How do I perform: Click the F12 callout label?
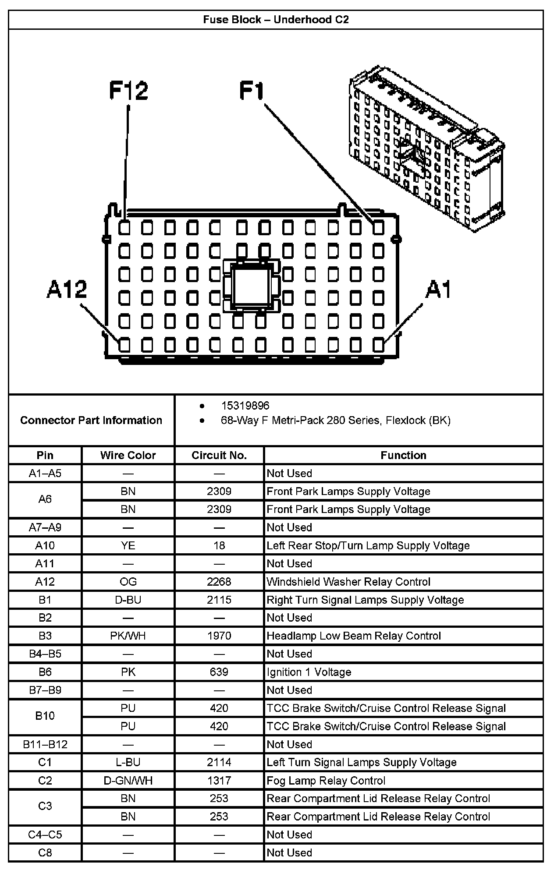tap(128, 91)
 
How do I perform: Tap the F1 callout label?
tap(252, 91)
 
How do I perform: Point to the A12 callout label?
tap(67, 290)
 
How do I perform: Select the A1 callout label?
tap(438, 290)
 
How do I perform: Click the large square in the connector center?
tap(251, 286)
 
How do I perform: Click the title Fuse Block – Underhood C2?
tap(276, 20)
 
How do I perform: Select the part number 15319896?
tap(245, 406)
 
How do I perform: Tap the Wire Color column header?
tap(128, 455)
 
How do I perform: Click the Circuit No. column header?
tap(219, 455)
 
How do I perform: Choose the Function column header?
tap(403, 455)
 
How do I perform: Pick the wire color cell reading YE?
tap(128, 545)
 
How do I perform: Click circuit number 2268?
tap(219, 582)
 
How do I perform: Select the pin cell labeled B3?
tap(45, 636)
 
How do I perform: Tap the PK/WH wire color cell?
tap(128, 636)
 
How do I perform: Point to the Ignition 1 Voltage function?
tap(309, 672)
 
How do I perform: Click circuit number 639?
tap(219, 672)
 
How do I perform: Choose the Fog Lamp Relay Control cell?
tap(326, 781)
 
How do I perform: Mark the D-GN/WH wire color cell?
tap(128, 781)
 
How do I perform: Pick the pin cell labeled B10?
tap(45, 717)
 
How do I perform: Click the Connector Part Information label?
tap(91, 421)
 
